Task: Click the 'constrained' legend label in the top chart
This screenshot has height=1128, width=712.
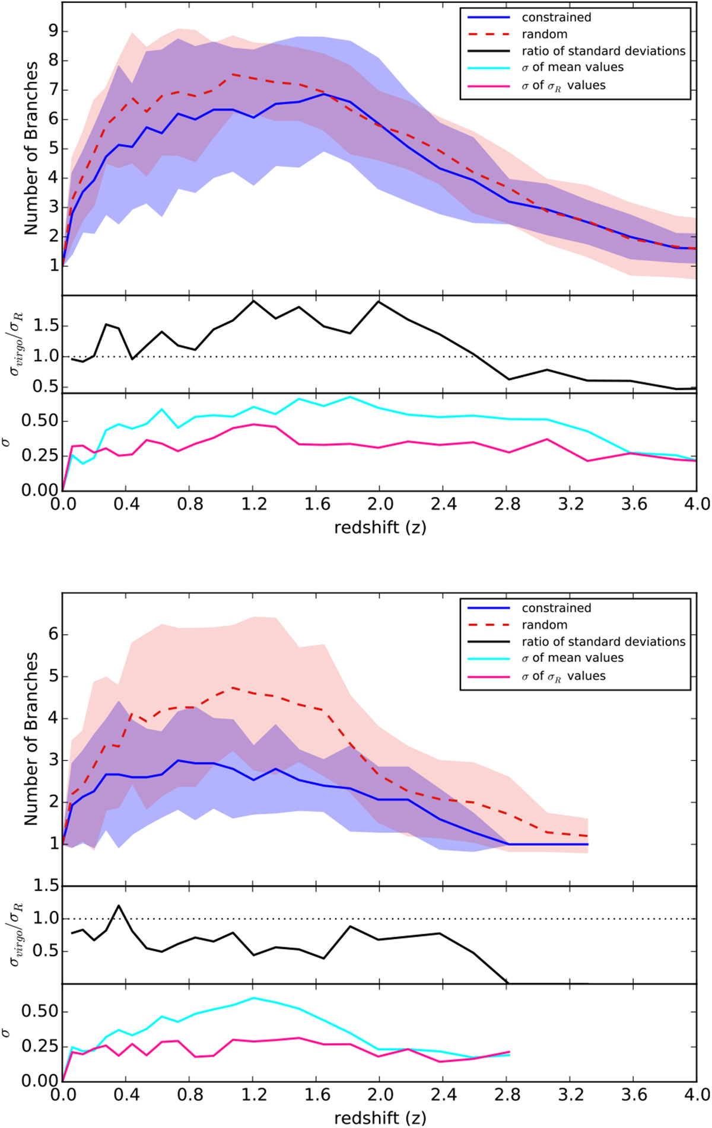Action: (x=556, y=18)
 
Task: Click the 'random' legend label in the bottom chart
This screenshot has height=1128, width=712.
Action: (x=544, y=625)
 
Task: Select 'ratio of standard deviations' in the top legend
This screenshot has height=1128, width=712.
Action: (x=603, y=51)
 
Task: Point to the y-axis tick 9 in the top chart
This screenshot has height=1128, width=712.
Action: (x=54, y=31)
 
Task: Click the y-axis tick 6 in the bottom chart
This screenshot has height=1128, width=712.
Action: (x=54, y=634)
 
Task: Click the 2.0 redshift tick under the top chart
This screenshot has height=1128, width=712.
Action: (x=380, y=504)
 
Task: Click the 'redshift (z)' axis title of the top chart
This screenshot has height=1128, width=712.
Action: (x=380, y=528)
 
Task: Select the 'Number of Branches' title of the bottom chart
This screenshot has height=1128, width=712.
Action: (x=31, y=739)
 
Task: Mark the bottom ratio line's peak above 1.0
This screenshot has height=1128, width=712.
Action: (x=119, y=905)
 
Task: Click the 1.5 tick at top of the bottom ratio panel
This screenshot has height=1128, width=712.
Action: (x=46, y=886)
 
